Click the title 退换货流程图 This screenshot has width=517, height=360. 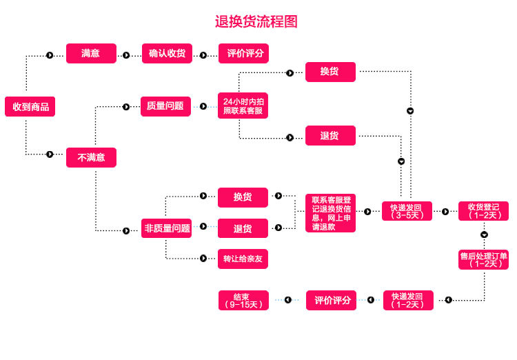click(256, 21)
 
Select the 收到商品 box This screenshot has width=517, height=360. click(30, 107)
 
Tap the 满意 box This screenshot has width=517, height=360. click(91, 53)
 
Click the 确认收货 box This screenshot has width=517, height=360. click(167, 53)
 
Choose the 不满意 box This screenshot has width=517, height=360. click(91, 157)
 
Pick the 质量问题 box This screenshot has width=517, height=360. click(165, 106)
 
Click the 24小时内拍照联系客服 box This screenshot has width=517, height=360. click(243, 106)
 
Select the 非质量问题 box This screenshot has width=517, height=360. click(167, 228)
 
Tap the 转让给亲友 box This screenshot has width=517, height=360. click(243, 259)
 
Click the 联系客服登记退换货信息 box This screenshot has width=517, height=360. click(330, 213)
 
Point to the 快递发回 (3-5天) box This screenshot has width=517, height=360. click(407, 211)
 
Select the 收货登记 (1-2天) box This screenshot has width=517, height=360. click(483, 211)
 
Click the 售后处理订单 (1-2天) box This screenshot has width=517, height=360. click(483, 259)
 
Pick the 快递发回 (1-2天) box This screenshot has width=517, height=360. click(409, 300)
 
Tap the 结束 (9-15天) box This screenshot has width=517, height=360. click(243, 300)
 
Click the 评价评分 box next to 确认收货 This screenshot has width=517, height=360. click(243, 53)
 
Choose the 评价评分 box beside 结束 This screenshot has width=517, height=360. click(332, 300)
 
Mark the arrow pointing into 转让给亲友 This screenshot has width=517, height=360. click(203, 258)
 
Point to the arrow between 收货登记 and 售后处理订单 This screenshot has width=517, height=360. click(484, 235)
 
